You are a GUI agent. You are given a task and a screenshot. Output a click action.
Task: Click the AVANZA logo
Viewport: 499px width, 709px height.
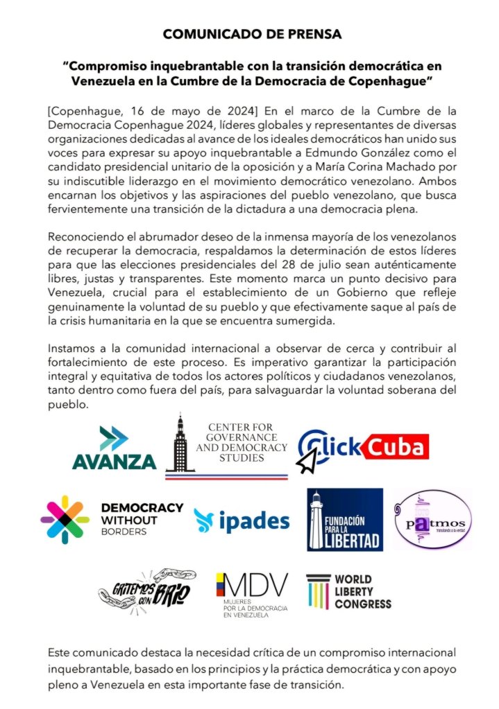(x=114, y=449)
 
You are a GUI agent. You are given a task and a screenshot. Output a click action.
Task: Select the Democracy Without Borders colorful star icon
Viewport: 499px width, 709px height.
(x=65, y=520)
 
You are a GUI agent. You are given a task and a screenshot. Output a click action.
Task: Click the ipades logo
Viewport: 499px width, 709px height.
(x=242, y=520)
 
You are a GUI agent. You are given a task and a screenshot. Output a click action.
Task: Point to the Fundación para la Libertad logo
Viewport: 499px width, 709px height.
(x=345, y=520)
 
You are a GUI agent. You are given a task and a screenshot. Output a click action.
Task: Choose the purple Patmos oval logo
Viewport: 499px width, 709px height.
(x=432, y=520)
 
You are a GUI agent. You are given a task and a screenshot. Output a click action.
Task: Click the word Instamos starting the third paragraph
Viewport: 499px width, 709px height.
(x=74, y=350)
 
